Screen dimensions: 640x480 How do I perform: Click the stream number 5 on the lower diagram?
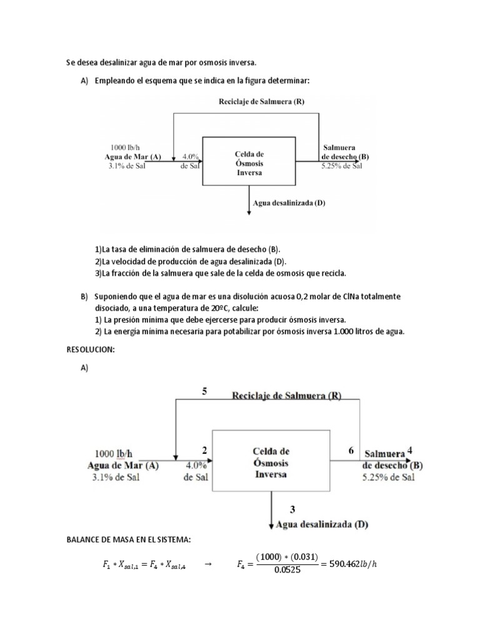point(204,391)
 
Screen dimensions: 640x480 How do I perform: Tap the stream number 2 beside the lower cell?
point(204,450)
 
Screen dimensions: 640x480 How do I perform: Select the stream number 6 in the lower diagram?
point(351,450)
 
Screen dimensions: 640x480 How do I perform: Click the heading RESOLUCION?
point(90,350)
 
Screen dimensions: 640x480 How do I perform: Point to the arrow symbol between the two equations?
point(209,565)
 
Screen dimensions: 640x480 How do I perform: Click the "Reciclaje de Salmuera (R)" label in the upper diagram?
point(261,101)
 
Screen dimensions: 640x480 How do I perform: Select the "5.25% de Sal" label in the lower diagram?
point(389,477)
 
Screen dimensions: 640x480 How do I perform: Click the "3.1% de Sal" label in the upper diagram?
point(126,166)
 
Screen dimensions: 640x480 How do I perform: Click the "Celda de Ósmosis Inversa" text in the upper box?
point(249,162)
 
